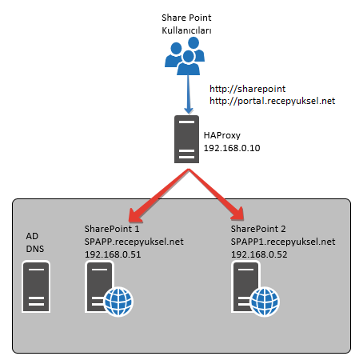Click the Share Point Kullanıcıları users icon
coord(185,56)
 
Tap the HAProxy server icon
coord(186,139)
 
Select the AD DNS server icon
coord(36,287)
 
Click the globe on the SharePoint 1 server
coord(118,302)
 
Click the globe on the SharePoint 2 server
coord(265,302)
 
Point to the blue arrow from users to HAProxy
coord(189,94)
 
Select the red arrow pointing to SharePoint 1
coord(159,196)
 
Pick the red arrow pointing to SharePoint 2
coord(216,194)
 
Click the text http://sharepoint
coord(247,89)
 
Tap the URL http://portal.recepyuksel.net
coord(272,101)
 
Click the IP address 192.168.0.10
coord(232,148)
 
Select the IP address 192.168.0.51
coord(113,254)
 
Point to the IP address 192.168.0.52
coord(259,254)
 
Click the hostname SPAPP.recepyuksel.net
coord(134,242)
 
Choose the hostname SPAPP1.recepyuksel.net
coord(283,242)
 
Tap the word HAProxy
coord(222,135)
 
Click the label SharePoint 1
coord(112,229)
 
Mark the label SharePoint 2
coord(258,229)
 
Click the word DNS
coord(35,249)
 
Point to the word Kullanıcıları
coord(186,30)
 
